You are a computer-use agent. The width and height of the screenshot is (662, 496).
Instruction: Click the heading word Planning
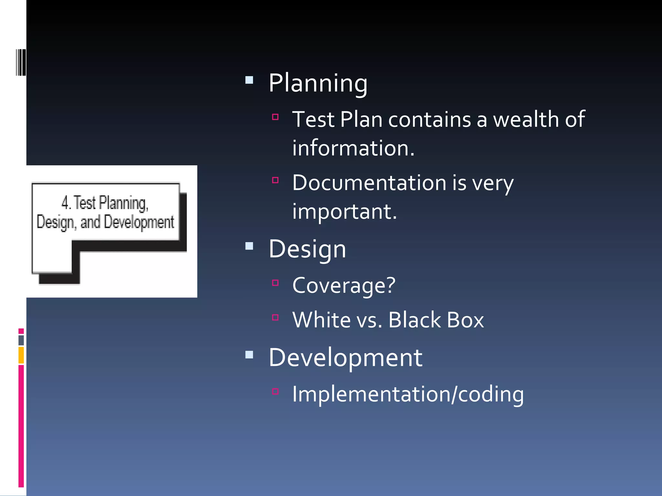click(318, 83)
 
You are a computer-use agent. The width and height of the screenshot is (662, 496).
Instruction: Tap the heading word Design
click(307, 249)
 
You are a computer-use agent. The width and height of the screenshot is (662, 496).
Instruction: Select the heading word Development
click(346, 358)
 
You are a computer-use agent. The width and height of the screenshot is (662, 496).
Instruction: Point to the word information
click(353, 148)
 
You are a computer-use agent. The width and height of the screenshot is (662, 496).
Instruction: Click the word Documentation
click(369, 183)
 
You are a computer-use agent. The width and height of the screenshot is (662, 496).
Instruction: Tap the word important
click(345, 212)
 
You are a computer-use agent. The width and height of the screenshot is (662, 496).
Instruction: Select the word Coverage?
click(344, 285)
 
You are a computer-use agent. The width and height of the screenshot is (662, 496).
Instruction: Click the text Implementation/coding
click(408, 394)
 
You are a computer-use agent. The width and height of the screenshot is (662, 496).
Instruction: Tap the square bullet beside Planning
click(249, 80)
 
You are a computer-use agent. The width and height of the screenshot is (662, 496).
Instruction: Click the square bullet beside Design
click(249, 246)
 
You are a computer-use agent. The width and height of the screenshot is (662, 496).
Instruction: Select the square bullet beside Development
click(249, 355)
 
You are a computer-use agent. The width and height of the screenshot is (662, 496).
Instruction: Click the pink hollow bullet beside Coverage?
click(275, 283)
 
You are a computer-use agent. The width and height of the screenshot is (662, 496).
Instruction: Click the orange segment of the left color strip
click(21, 355)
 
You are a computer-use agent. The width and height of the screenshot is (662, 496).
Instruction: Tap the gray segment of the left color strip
click(21, 340)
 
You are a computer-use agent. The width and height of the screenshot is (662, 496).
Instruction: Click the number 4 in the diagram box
click(65, 203)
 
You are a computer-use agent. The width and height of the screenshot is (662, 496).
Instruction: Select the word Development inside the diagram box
click(139, 222)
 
